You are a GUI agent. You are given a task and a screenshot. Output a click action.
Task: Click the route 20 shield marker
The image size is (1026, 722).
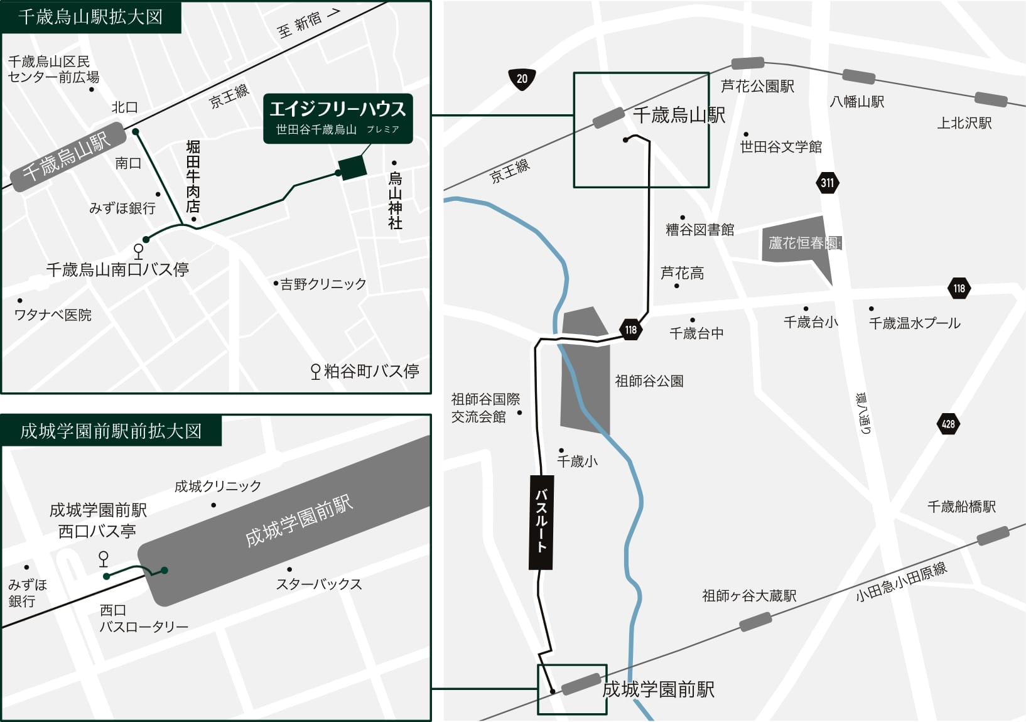click(x=522, y=79)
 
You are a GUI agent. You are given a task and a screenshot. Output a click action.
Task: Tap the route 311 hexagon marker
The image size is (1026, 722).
click(x=827, y=183)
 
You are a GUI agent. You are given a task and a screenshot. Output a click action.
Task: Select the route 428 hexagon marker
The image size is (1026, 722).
click(x=948, y=424)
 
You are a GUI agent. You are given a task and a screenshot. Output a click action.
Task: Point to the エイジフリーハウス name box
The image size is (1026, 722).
click(x=338, y=118)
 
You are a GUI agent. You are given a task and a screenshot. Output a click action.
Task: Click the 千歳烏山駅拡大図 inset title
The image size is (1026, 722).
click(x=90, y=16)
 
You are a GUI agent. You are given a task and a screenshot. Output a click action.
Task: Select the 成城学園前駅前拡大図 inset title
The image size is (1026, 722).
click(x=111, y=431)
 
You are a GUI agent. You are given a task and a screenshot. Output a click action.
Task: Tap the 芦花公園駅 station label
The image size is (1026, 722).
click(x=757, y=87)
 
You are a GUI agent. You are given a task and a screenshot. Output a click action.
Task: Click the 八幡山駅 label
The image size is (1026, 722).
click(x=856, y=102)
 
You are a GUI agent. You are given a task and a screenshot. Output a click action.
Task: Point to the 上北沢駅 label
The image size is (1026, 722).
click(x=964, y=123)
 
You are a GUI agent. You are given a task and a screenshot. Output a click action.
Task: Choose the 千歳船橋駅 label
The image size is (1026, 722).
click(x=961, y=507)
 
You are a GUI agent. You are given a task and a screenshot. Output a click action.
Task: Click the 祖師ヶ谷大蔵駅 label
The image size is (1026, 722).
click(x=749, y=596)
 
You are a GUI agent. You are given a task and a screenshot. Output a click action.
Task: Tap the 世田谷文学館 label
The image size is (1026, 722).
click(x=780, y=147)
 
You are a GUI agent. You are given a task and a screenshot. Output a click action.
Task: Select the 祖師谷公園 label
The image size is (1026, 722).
click(x=649, y=381)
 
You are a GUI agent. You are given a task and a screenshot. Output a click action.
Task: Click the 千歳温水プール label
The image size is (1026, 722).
click(x=914, y=323)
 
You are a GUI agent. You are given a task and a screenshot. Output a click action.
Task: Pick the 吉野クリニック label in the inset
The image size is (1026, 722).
click(x=323, y=284)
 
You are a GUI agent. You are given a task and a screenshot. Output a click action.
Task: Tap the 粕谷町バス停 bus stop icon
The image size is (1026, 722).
click(x=316, y=372)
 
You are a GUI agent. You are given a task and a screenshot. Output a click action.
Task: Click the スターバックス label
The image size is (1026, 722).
click(x=319, y=585)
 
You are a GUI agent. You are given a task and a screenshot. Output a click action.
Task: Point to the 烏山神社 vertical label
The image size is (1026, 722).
click(x=395, y=200)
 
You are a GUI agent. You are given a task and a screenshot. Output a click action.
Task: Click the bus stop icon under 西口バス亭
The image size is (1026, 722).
click(x=104, y=558)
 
